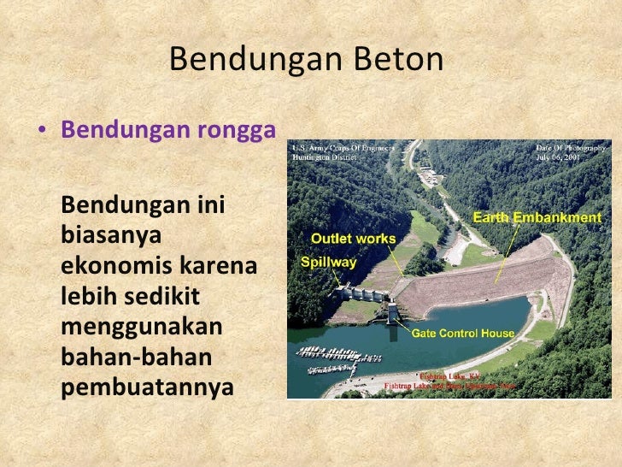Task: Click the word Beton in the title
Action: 403,60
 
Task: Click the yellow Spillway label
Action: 328,263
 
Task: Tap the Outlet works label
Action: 353,238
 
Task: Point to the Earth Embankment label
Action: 543,218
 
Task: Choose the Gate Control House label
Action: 463,333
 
